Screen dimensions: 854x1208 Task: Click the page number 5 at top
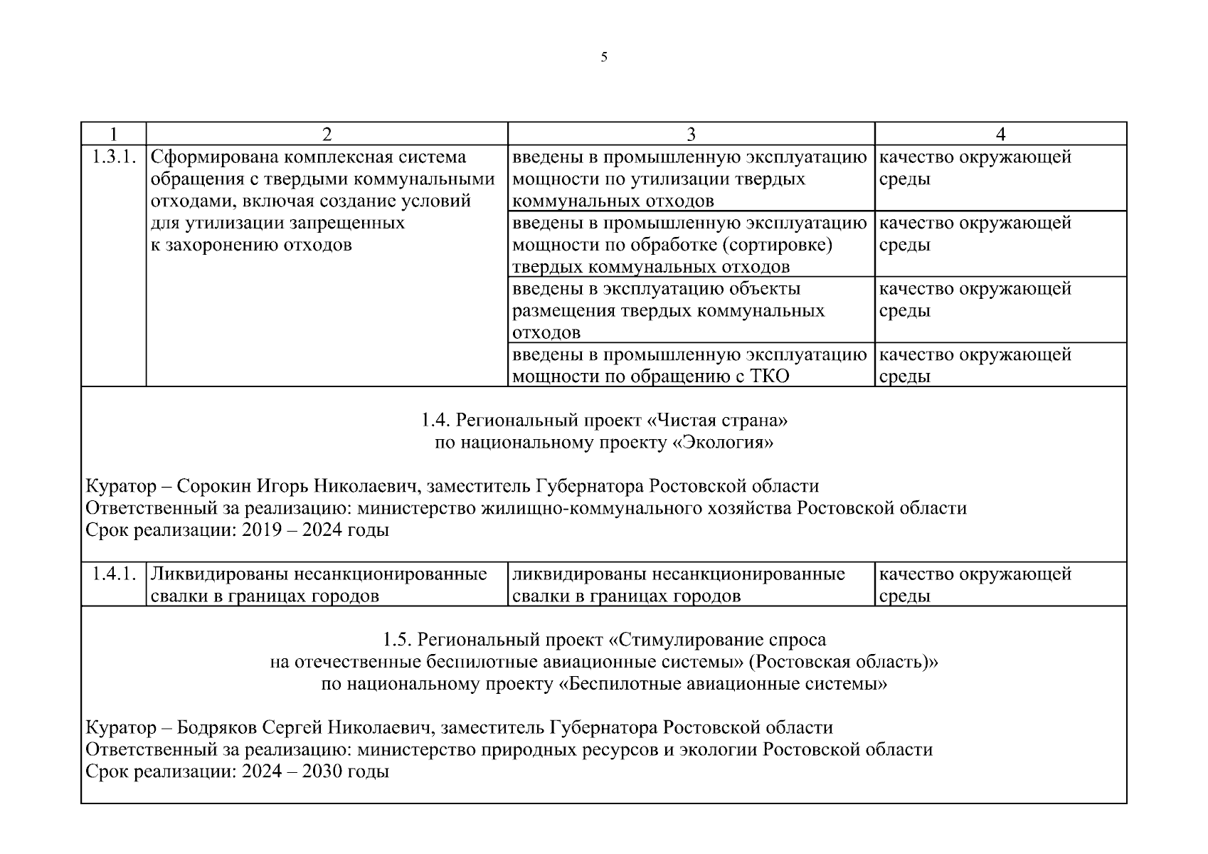[604, 58]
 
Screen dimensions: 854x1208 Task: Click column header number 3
[691, 135]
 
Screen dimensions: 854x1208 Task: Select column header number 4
[1000, 135]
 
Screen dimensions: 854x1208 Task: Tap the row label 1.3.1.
[114, 157]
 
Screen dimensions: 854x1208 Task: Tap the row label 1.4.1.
[114, 574]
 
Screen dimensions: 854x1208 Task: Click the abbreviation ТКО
[770, 376]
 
